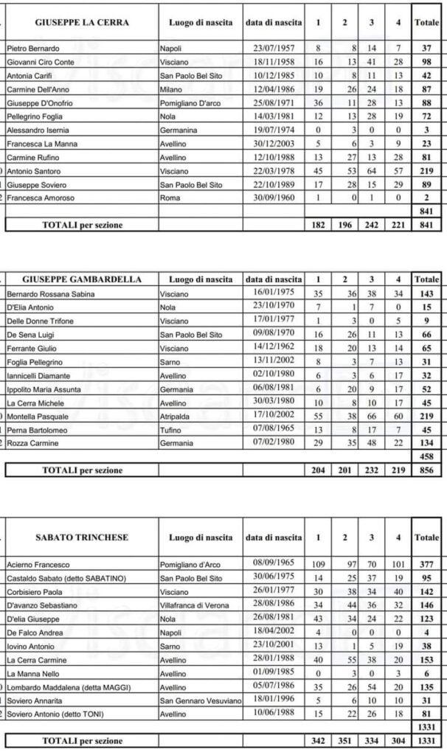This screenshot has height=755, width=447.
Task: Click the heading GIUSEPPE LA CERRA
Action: [82, 23]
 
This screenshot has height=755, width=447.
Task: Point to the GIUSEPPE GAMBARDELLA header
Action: [82, 279]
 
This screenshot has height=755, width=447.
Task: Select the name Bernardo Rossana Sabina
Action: [46, 294]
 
